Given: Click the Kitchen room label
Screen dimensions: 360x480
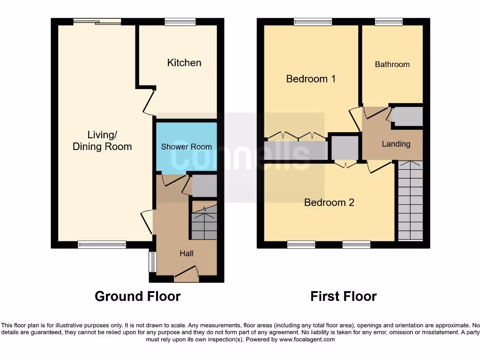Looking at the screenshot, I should point(184,63).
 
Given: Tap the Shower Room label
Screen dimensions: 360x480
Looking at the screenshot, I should point(186,147).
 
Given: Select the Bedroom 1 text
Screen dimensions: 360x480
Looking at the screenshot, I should point(311,79).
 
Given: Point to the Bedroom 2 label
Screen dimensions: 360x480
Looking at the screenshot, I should point(329,202).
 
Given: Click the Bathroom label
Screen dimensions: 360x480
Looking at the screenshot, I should point(392,65).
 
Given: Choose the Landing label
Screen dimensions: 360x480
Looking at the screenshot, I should point(396,144).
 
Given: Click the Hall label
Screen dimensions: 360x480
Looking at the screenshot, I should point(186,254).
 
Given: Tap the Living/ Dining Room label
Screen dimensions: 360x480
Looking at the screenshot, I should point(102,141).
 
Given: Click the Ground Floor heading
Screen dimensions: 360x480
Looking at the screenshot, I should point(137,296).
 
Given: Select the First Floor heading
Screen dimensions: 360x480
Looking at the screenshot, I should point(343,296).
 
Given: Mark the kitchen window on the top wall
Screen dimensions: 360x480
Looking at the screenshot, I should point(180,22).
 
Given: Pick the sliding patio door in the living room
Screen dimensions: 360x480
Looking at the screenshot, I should point(97,22).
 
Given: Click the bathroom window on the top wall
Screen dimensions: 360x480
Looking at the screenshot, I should point(389,22).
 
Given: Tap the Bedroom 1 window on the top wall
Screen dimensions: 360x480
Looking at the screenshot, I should point(313,22).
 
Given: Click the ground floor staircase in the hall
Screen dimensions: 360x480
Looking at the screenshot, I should point(204,220).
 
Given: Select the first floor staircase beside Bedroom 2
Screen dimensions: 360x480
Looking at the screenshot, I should point(410,201).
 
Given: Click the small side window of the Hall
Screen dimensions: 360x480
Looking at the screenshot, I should point(152,262).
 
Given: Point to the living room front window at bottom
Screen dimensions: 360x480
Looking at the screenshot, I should point(102,245).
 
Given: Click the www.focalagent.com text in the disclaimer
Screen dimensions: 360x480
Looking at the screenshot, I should point(307,339).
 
